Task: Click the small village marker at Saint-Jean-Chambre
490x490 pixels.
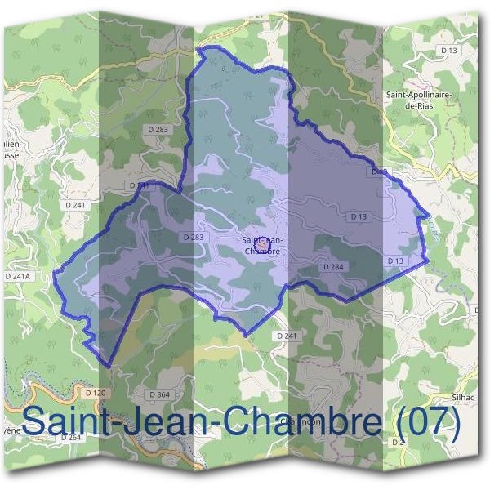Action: pyautogui.click(x=261, y=244)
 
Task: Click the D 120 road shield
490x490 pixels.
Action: pyautogui.click(x=96, y=394)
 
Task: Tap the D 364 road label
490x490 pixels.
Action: pyautogui.click(x=160, y=395)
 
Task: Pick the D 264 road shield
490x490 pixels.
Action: pyautogui.click(x=71, y=438)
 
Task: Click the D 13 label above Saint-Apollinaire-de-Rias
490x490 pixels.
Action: pyautogui.click(x=448, y=51)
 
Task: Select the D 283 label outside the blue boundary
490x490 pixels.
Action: pyautogui.click(x=158, y=129)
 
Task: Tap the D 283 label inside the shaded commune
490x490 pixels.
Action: pyautogui.click(x=194, y=237)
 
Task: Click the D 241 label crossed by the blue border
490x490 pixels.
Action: pyautogui.click(x=139, y=186)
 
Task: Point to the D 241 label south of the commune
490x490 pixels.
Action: pyautogui.click(x=286, y=336)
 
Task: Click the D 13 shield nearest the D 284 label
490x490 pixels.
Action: pyautogui.click(x=395, y=261)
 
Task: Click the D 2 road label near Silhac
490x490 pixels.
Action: pyautogui.click(x=399, y=442)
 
